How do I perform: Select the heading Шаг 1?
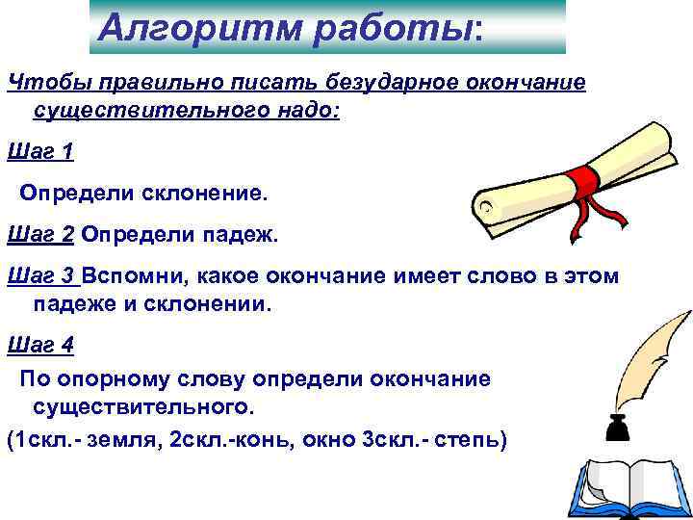coord(39,151)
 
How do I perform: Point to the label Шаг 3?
coord(40,277)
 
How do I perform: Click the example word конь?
coord(266,440)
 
